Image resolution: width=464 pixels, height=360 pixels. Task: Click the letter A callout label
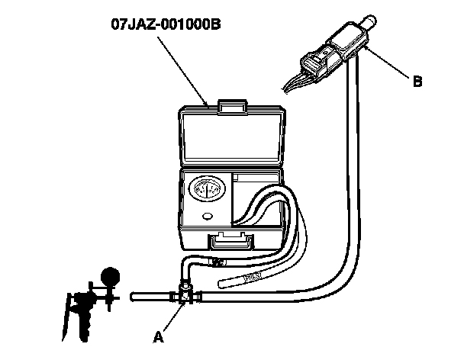click(x=158, y=336)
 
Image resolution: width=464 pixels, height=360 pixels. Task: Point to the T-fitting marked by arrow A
click(x=184, y=294)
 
